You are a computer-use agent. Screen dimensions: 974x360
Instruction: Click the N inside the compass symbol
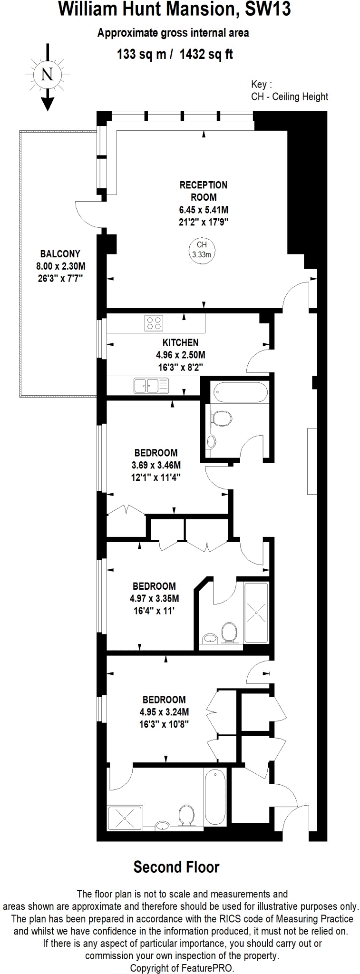click(x=48, y=75)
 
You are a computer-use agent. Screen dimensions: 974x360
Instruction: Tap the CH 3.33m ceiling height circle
click(x=202, y=250)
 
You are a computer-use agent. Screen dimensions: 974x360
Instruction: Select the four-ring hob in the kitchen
click(x=154, y=323)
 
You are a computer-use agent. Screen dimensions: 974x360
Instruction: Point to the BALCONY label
click(x=60, y=254)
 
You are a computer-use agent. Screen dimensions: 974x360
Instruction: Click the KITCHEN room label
click(x=181, y=342)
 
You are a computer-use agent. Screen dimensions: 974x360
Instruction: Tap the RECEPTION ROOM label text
click(x=204, y=191)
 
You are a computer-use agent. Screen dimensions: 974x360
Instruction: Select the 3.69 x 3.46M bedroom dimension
click(x=156, y=465)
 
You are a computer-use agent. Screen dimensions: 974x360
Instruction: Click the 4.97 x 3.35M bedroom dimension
click(x=155, y=598)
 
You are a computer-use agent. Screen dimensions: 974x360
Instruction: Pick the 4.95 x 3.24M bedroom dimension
click(x=164, y=712)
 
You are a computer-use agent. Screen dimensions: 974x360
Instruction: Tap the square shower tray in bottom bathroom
click(x=125, y=818)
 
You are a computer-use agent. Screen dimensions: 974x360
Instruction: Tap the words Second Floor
click(x=176, y=867)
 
